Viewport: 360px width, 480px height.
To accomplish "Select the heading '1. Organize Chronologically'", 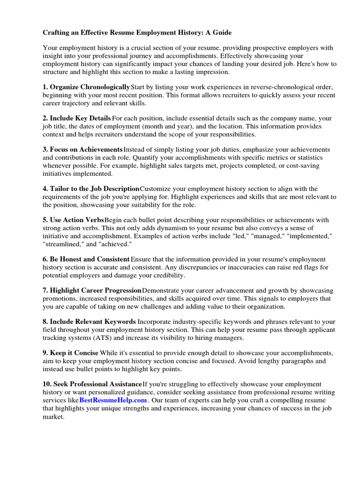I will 86,87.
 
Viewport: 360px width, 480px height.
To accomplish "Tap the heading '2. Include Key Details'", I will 77,118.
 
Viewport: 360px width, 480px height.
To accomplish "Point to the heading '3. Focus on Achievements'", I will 82,149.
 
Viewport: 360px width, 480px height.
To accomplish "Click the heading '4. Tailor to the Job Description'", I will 91,188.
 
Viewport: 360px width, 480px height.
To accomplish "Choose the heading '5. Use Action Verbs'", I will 73,220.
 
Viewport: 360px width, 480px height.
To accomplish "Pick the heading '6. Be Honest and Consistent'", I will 86,259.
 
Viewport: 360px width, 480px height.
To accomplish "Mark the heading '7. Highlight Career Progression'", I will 92,290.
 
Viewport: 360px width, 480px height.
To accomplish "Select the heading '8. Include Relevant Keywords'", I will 89,322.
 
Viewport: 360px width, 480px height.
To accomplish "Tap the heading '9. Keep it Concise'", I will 71,353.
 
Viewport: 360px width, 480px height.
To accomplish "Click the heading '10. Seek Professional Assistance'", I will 92,384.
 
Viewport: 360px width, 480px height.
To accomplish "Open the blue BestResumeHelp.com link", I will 113,400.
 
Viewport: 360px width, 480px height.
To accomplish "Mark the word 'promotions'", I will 60,298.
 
